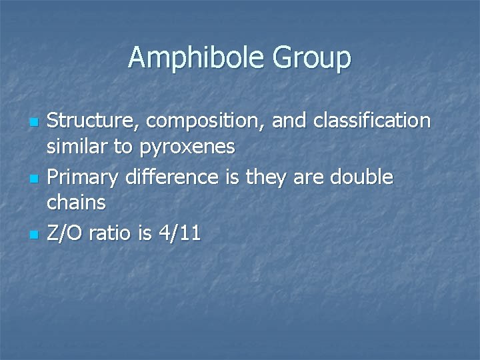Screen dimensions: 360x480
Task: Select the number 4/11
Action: [x=179, y=233]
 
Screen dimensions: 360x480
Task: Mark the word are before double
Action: [x=304, y=178]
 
